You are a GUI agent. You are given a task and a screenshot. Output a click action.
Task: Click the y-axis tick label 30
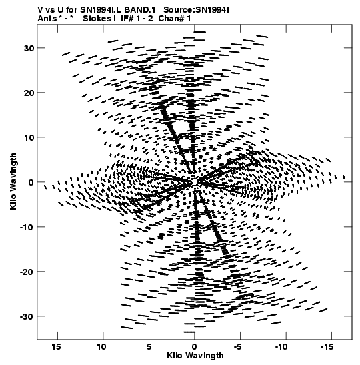(x=29, y=49)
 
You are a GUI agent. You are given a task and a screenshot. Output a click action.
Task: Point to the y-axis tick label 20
(x=29, y=93)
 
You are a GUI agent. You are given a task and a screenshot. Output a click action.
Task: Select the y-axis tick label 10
(x=29, y=138)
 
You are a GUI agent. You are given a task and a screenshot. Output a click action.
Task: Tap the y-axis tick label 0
(x=31, y=183)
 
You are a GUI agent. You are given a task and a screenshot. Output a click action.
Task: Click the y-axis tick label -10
(x=27, y=227)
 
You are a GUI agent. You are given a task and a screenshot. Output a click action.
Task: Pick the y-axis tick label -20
(x=27, y=272)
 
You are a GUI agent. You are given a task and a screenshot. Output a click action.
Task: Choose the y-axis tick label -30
(x=27, y=316)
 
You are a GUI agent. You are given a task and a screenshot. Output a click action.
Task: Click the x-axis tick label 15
(x=57, y=347)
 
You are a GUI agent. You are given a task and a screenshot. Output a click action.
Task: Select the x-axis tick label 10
(x=102, y=347)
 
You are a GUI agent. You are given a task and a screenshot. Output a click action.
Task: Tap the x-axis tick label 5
(x=149, y=347)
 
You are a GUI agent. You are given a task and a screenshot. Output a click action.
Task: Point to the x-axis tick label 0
(x=194, y=347)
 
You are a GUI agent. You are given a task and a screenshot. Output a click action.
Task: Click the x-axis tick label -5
(x=238, y=347)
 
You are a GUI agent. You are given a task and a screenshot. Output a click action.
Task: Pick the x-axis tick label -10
(x=281, y=347)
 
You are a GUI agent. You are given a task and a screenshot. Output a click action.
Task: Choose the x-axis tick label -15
(x=327, y=347)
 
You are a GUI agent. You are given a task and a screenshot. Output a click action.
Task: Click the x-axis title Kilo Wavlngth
(x=195, y=356)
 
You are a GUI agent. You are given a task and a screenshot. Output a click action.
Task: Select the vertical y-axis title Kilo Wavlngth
(x=13, y=181)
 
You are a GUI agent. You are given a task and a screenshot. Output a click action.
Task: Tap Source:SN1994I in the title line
(x=196, y=10)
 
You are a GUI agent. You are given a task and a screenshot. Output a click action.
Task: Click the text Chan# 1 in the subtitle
(x=175, y=19)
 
